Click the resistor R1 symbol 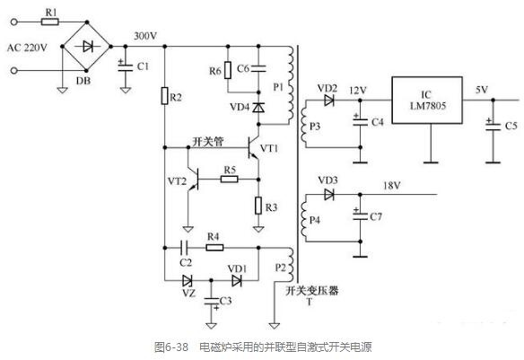coord(50,22)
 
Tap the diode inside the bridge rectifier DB coord(88,47)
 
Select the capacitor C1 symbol coord(126,66)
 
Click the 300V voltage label coord(145,36)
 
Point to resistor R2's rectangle coord(164,96)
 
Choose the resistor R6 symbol coord(228,70)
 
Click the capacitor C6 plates coord(258,69)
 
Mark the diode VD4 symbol coord(258,108)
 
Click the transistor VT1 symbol coord(253,148)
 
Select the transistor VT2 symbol coord(194,180)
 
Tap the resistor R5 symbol coord(230,180)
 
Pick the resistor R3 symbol coord(258,206)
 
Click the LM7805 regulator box coord(427,101)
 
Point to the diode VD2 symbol coord(329,101)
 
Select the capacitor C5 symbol coord(493,127)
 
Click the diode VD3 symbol coord(329,194)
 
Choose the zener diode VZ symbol coord(188,280)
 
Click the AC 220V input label coord(27,48)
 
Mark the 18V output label coord(392,185)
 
